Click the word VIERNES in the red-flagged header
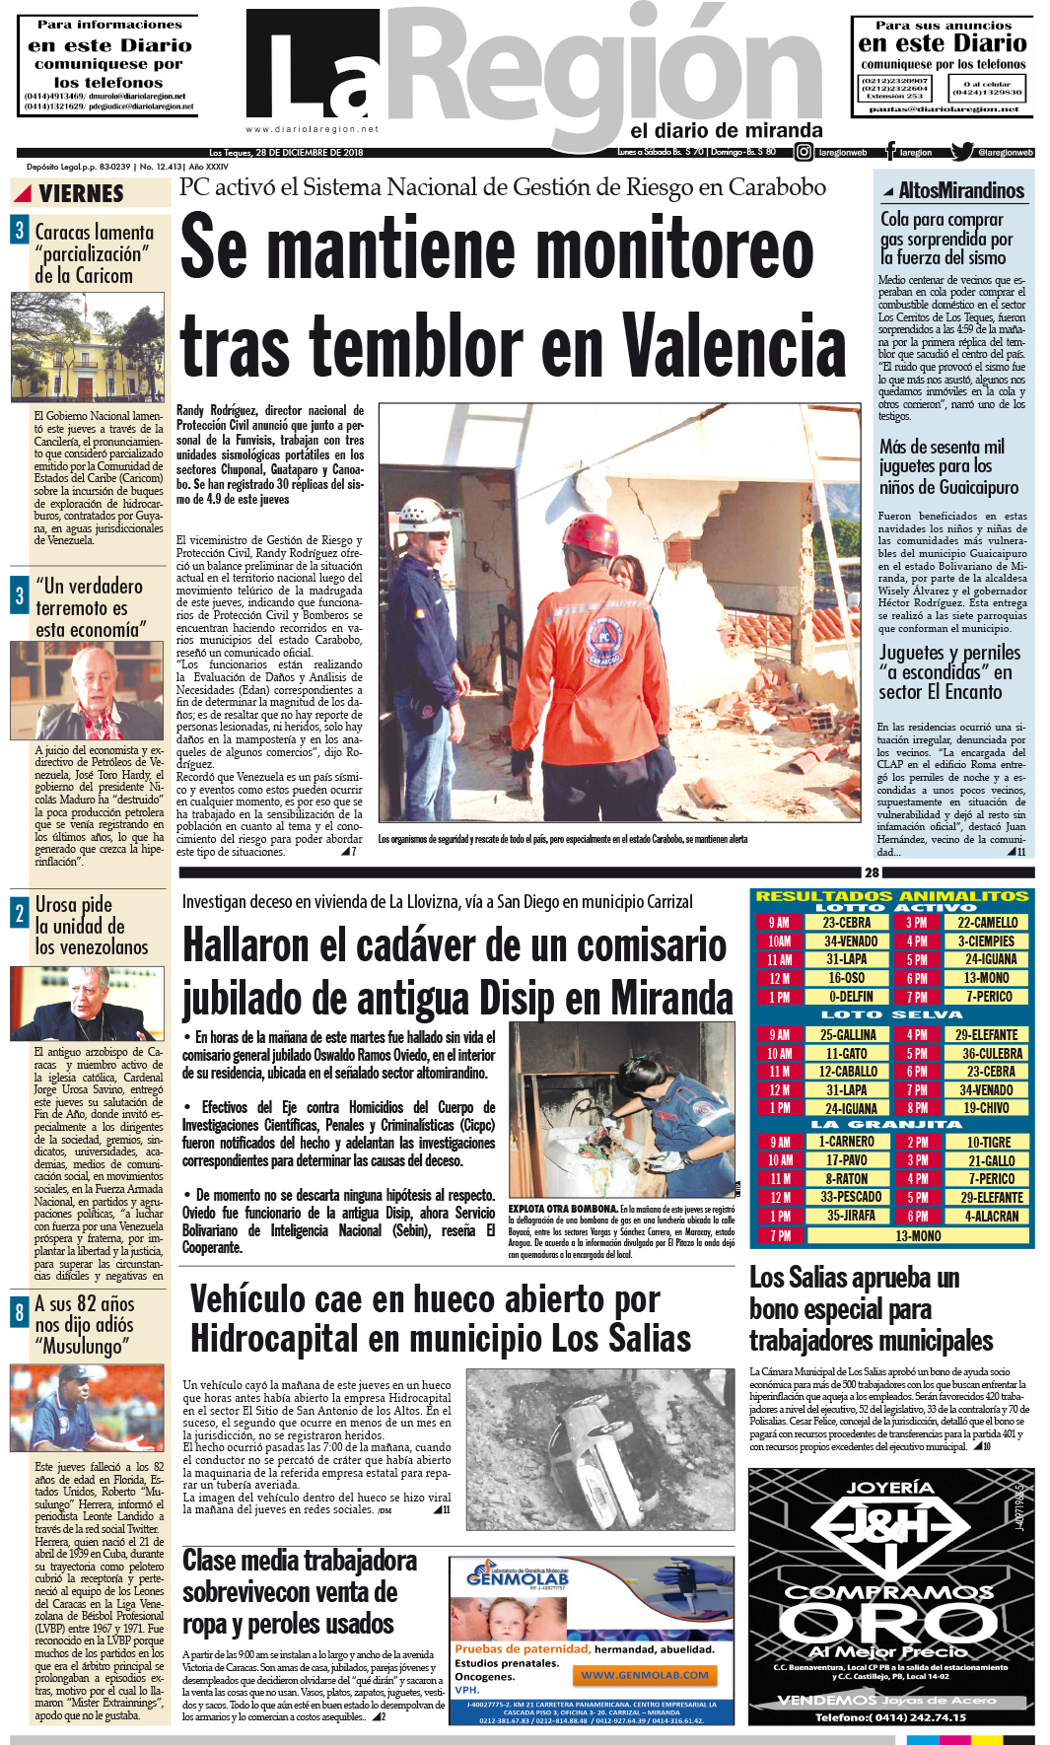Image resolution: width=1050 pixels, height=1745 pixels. click(x=81, y=193)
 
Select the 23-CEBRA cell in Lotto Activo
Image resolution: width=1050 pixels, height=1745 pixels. click(x=847, y=923)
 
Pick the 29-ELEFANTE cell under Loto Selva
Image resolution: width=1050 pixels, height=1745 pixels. click(x=989, y=1035)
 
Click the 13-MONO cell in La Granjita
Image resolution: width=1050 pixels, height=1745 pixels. click(x=918, y=1235)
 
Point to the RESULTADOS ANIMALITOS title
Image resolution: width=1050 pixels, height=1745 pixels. click(x=891, y=896)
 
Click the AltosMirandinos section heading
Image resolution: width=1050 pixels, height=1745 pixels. click(x=960, y=190)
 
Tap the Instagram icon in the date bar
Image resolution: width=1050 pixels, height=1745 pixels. click(x=805, y=152)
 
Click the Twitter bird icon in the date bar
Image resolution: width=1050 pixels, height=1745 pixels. click(x=961, y=152)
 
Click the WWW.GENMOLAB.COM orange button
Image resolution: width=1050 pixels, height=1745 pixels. click(x=645, y=1675)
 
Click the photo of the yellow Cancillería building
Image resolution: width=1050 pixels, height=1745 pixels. click(x=87, y=347)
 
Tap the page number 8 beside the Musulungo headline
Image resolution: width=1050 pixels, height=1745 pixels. click(x=19, y=1313)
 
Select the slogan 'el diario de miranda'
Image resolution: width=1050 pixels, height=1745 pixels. click(x=726, y=130)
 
